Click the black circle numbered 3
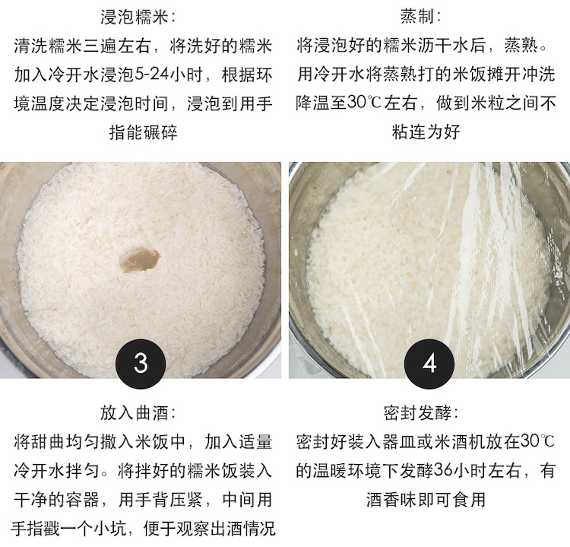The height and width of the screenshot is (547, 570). [141, 364]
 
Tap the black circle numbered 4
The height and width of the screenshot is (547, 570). [429, 364]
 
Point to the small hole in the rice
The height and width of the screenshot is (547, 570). [141, 260]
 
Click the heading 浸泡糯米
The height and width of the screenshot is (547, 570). [134, 17]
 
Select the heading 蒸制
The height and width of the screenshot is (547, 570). [417, 17]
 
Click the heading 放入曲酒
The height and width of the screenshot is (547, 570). [134, 413]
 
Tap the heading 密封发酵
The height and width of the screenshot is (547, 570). [417, 413]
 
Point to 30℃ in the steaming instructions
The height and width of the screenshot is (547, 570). [364, 103]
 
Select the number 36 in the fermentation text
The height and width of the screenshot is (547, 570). [444, 471]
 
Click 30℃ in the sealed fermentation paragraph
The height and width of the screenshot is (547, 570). [537, 441]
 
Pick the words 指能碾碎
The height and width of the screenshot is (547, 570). [143, 132]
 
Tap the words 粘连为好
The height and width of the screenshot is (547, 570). [426, 132]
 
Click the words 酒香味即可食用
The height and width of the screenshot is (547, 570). [426, 499]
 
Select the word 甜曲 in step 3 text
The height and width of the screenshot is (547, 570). [48, 442]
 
